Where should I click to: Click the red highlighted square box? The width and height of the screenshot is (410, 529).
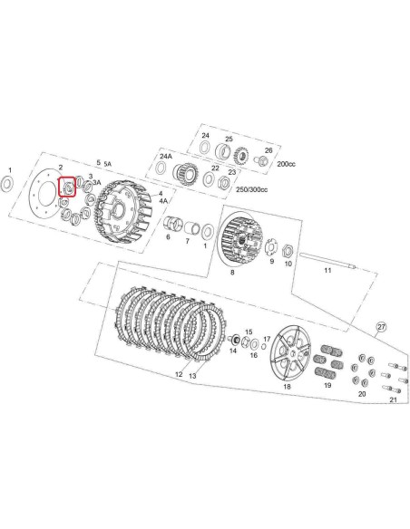[x=67, y=188]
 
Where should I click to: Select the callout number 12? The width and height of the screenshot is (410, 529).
[x=180, y=373]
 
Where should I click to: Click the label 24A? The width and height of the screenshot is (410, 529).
[x=166, y=157]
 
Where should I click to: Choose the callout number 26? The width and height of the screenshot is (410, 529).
[x=268, y=151]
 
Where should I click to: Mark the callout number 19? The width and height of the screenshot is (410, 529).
[x=327, y=386]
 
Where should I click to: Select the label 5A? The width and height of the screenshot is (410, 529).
[x=108, y=164]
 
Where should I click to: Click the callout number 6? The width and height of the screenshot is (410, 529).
[x=168, y=238]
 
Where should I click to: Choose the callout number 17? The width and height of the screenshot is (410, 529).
[x=266, y=337]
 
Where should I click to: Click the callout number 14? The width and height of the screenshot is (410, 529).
[x=234, y=351]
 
